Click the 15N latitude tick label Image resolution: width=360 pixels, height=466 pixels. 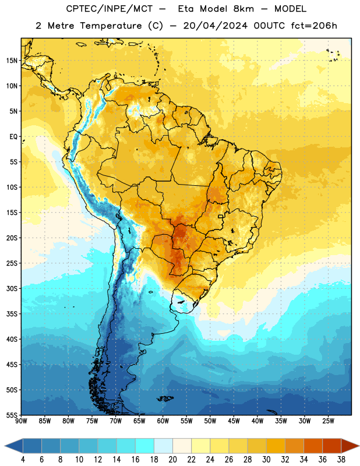12,61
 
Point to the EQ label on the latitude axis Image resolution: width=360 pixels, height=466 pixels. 13,137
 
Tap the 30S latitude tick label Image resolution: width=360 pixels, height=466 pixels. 12,288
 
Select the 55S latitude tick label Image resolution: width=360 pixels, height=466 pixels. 12,415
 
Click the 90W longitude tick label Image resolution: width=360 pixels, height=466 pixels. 21,421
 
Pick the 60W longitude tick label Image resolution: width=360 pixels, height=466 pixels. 163,421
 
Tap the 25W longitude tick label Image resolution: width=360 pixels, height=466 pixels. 328,421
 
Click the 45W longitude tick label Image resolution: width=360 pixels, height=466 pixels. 234,421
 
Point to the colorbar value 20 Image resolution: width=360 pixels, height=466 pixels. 172,460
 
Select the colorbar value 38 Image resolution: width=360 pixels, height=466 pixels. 341,460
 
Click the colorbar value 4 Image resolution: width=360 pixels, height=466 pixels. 23,460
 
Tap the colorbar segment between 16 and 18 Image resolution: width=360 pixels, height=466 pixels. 145,446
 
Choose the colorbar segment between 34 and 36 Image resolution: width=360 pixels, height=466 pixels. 313,446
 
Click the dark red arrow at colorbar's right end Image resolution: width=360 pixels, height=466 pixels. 350,446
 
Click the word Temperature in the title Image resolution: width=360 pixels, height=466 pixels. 111,26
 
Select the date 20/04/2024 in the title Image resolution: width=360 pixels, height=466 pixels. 215,26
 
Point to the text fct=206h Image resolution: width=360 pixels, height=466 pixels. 314,26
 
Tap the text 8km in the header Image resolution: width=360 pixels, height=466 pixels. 243,9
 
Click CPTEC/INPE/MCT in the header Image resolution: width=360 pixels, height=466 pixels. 109,9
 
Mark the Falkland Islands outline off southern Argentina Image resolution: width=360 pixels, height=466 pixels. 165,398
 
